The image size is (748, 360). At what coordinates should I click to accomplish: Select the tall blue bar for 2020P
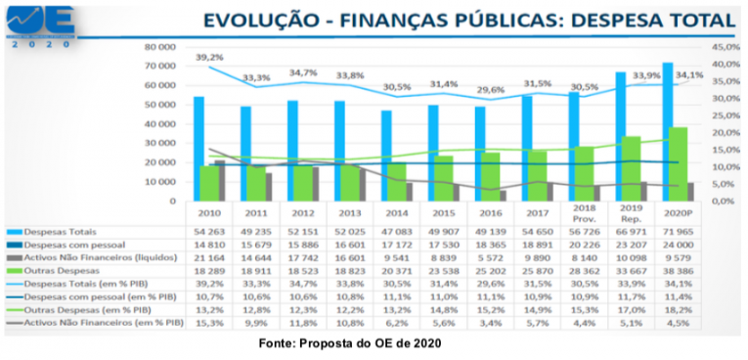click(668, 131)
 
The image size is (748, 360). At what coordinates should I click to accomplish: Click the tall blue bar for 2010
click(199, 148)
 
